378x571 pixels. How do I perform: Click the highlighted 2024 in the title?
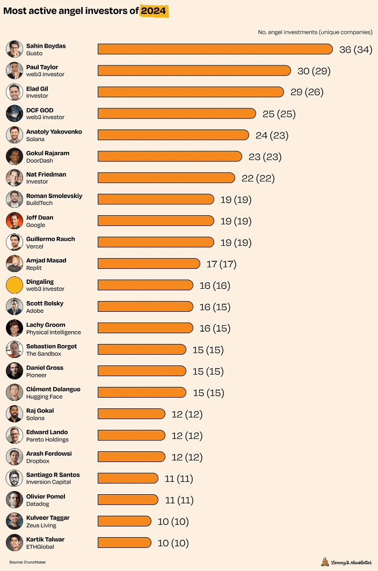(155, 11)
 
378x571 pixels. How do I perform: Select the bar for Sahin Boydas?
(215, 49)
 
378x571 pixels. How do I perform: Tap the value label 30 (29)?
(314, 71)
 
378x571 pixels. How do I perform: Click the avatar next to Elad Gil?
(14, 92)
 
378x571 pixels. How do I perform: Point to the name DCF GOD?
(40, 110)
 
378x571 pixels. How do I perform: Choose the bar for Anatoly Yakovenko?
(173, 135)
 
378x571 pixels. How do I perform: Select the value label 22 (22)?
(258, 178)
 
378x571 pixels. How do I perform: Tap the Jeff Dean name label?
(40, 217)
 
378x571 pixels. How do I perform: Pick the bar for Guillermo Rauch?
(156, 243)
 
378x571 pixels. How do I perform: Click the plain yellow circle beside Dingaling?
(14, 285)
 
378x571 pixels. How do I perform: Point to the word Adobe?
(35, 311)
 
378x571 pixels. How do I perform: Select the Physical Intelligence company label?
(54, 332)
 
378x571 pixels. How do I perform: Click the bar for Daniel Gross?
(142, 371)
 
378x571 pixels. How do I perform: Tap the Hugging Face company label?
(45, 397)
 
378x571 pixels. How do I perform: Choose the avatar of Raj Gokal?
(14, 414)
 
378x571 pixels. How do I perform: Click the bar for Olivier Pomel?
(128, 500)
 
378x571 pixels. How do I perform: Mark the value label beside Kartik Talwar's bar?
(173, 543)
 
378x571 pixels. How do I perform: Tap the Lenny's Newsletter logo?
(346, 562)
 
